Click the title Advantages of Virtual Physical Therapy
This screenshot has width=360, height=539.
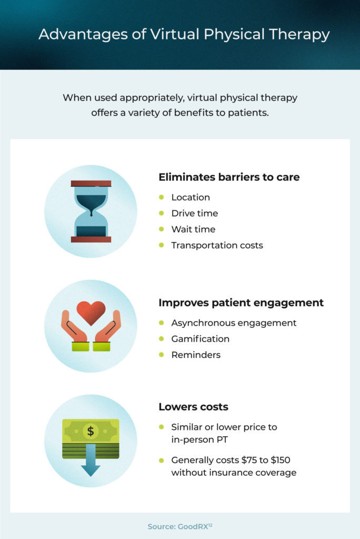pos(184,35)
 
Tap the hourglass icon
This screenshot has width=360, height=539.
pos(91,212)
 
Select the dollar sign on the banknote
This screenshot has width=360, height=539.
pos(91,431)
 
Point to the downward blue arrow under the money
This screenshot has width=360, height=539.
pos(91,460)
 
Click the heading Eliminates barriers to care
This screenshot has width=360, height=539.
pos(229,177)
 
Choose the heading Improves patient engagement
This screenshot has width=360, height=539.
pos(241,303)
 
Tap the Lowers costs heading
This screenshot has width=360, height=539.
pos(193,407)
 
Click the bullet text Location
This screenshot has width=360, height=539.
pos(191,197)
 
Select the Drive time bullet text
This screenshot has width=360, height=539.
pos(195,214)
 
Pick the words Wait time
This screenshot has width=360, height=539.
pos(193,229)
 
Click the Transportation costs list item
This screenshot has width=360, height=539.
pos(217,245)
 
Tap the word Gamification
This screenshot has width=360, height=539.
pos(200,339)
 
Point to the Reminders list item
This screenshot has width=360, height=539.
pos(196,355)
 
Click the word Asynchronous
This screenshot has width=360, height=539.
pos(203,324)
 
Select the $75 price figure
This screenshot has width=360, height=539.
pos(249,460)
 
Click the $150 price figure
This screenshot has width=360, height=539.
pos(281,460)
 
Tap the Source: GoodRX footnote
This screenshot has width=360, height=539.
pos(180,526)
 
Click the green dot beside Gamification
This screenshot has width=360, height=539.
pos(161,338)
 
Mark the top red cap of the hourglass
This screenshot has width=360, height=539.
pos(91,184)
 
